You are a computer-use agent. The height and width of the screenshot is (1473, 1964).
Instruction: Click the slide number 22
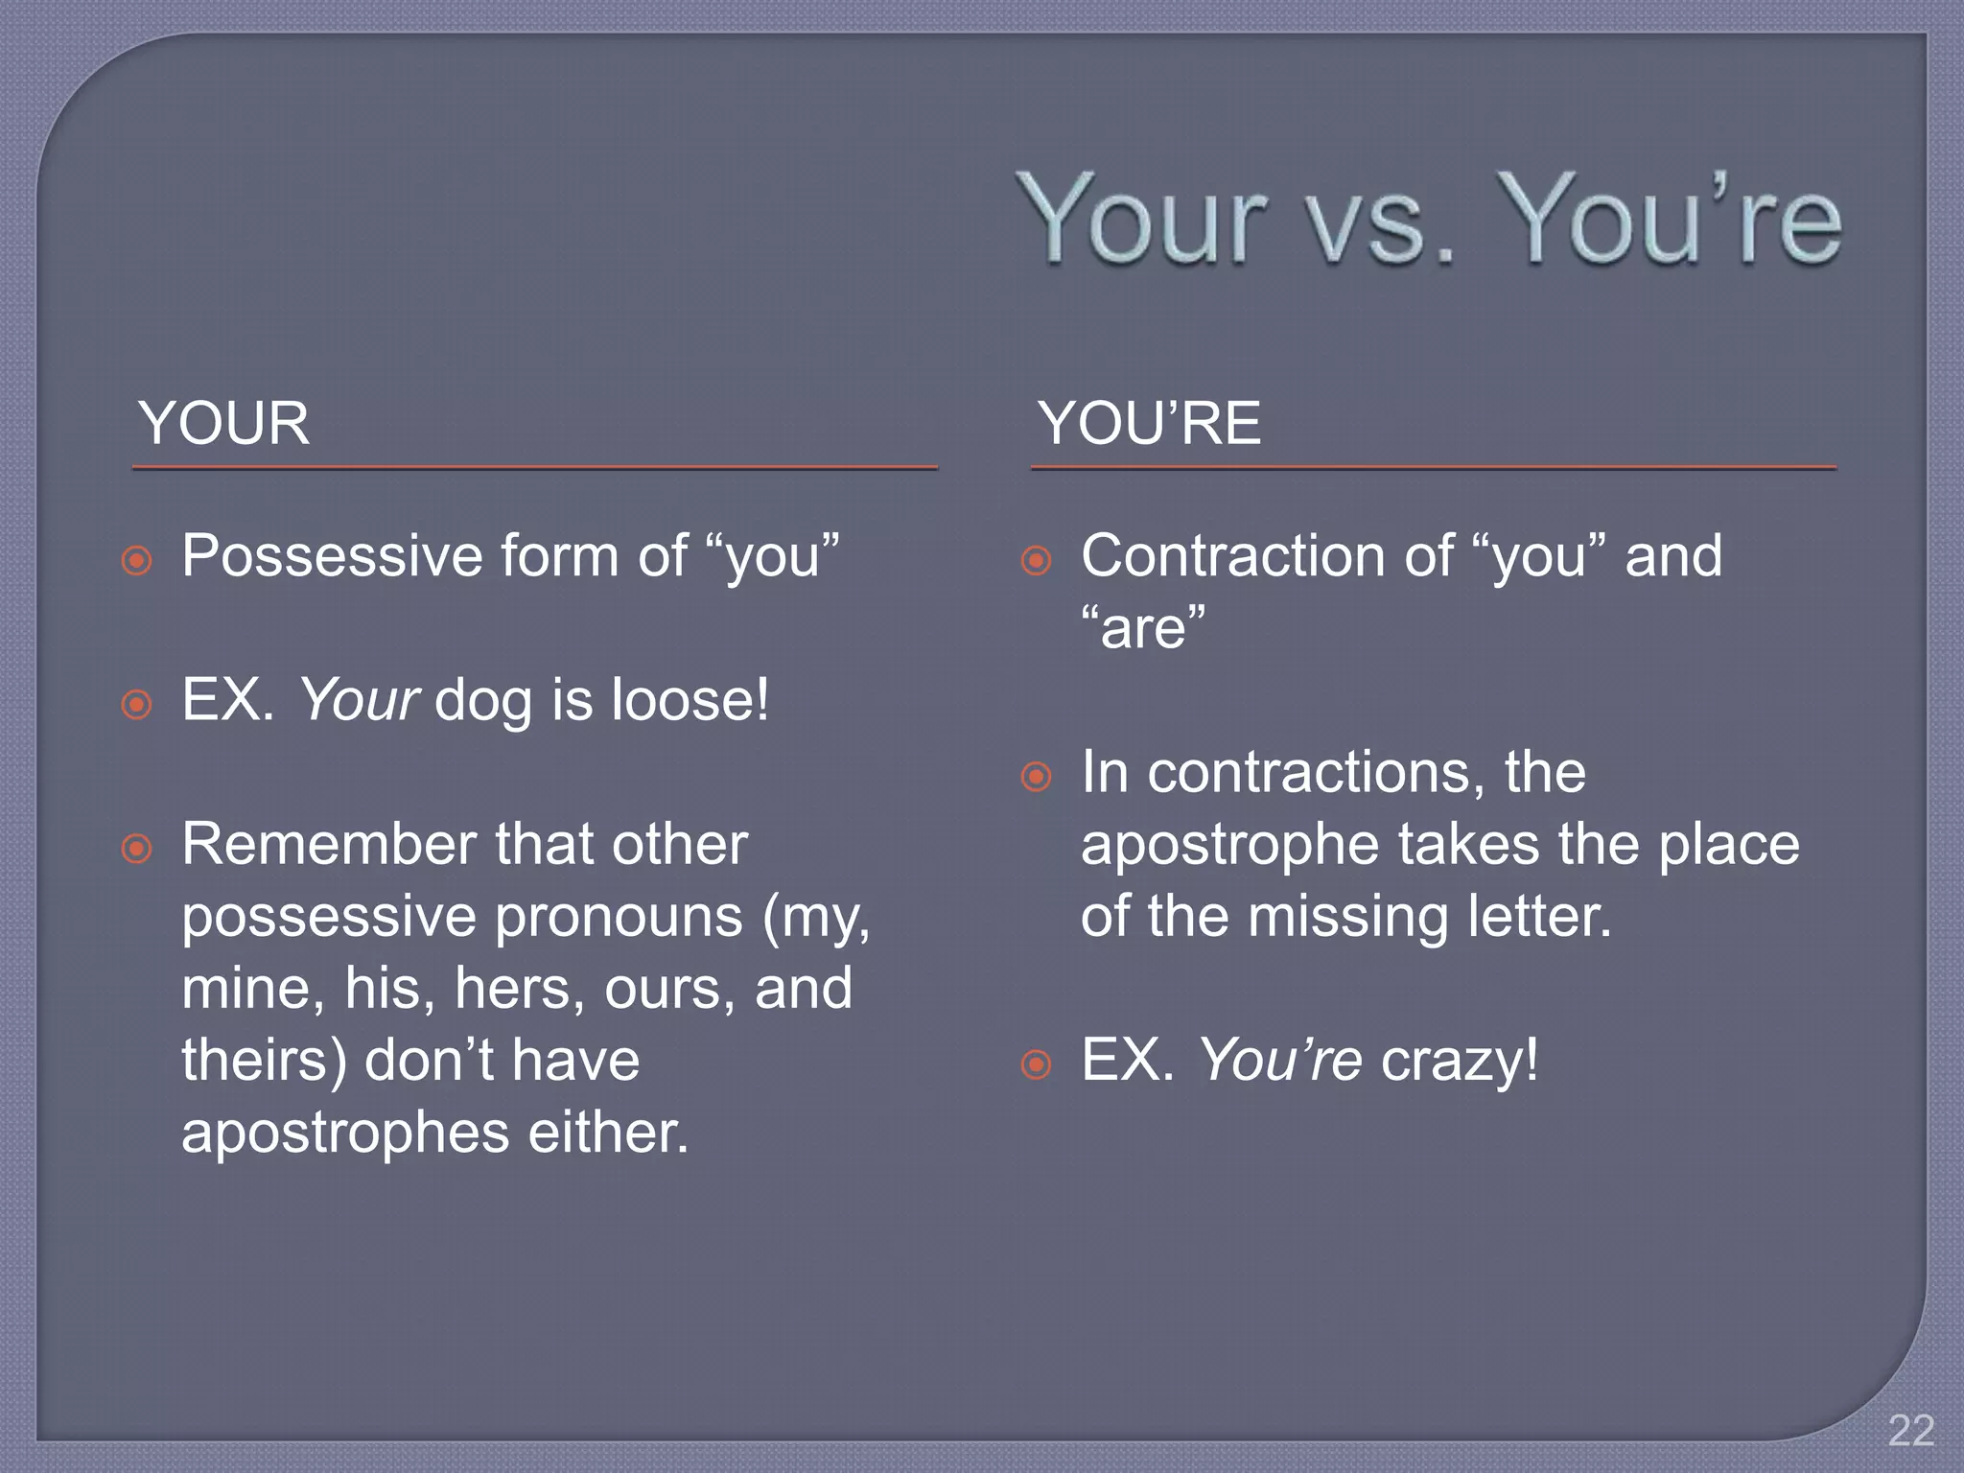pos(1910,1432)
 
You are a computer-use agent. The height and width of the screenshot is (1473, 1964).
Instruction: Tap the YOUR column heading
pos(223,423)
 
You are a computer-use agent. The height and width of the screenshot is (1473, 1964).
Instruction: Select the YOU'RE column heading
pos(1149,423)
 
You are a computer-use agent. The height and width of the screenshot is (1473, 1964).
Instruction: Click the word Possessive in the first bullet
pos(332,556)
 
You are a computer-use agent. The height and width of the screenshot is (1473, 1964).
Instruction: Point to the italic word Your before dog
pos(359,699)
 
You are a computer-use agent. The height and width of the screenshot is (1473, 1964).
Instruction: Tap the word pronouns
pos(619,917)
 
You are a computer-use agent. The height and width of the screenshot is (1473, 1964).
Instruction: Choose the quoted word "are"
pos(1143,629)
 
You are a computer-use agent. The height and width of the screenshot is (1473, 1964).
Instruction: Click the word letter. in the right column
pos(1539,917)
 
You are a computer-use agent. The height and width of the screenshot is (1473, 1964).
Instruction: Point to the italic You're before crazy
pos(1279,1061)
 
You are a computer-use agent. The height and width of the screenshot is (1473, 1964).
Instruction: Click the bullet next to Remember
pos(137,848)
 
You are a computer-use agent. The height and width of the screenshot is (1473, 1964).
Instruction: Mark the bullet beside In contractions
pos(1036,776)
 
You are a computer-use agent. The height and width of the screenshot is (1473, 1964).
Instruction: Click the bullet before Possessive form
pos(137,560)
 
